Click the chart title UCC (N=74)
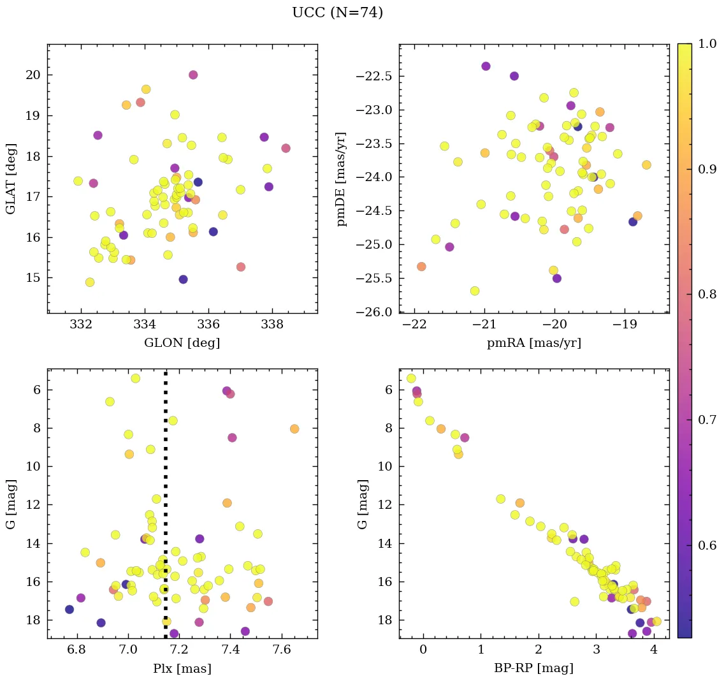pos(337,13)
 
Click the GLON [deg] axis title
pos(182,343)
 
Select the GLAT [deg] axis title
pos(10,179)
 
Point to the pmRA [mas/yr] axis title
pos(534,343)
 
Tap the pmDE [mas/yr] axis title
pos(342,179)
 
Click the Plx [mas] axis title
pos(182,668)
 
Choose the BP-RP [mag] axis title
pos(534,668)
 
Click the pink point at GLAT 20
pos(193,75)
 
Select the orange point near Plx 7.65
pos(294,428)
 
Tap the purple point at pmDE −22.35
pos(486,66)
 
